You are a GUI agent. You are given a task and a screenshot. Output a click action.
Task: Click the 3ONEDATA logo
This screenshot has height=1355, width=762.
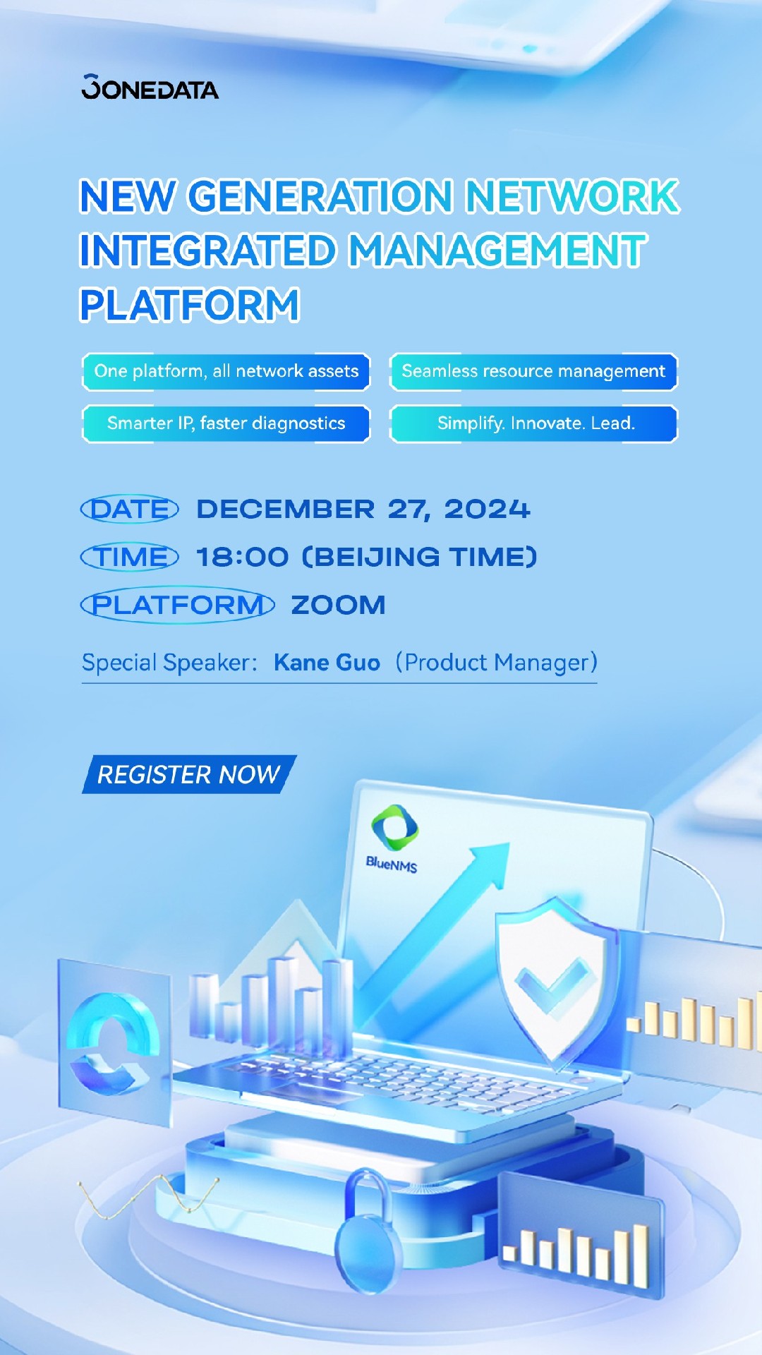[150, 87]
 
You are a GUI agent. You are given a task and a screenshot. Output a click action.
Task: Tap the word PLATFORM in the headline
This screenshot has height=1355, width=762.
[190, 305]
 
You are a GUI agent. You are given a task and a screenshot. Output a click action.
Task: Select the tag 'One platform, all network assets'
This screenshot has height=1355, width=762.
[226, 371]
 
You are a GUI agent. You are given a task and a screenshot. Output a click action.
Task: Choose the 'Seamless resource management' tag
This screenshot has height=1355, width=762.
[533, 371]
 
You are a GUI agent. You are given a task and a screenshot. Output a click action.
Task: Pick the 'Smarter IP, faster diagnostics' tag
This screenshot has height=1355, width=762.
[226, 423]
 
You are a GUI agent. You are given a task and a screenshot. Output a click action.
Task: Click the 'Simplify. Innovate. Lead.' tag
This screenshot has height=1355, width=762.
[533, 423]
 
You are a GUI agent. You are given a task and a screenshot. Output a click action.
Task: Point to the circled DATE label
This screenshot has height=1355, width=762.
[130, 509]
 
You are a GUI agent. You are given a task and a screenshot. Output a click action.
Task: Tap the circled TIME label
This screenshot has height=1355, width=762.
[130, 557]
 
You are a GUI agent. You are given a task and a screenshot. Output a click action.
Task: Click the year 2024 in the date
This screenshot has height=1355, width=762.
[487, 509]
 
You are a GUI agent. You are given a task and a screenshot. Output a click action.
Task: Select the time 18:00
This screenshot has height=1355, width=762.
[242, 557]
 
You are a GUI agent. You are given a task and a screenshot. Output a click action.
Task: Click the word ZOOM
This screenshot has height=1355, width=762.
[339, 605]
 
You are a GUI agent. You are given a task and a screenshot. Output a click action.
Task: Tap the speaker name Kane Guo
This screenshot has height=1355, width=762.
[327, 663]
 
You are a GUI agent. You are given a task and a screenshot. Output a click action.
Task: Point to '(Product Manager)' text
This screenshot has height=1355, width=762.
[496, 663]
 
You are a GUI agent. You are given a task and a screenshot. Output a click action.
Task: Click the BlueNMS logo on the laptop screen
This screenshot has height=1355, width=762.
[393, 839]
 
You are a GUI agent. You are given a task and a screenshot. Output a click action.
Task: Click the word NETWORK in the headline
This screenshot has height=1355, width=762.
[571, 196]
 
